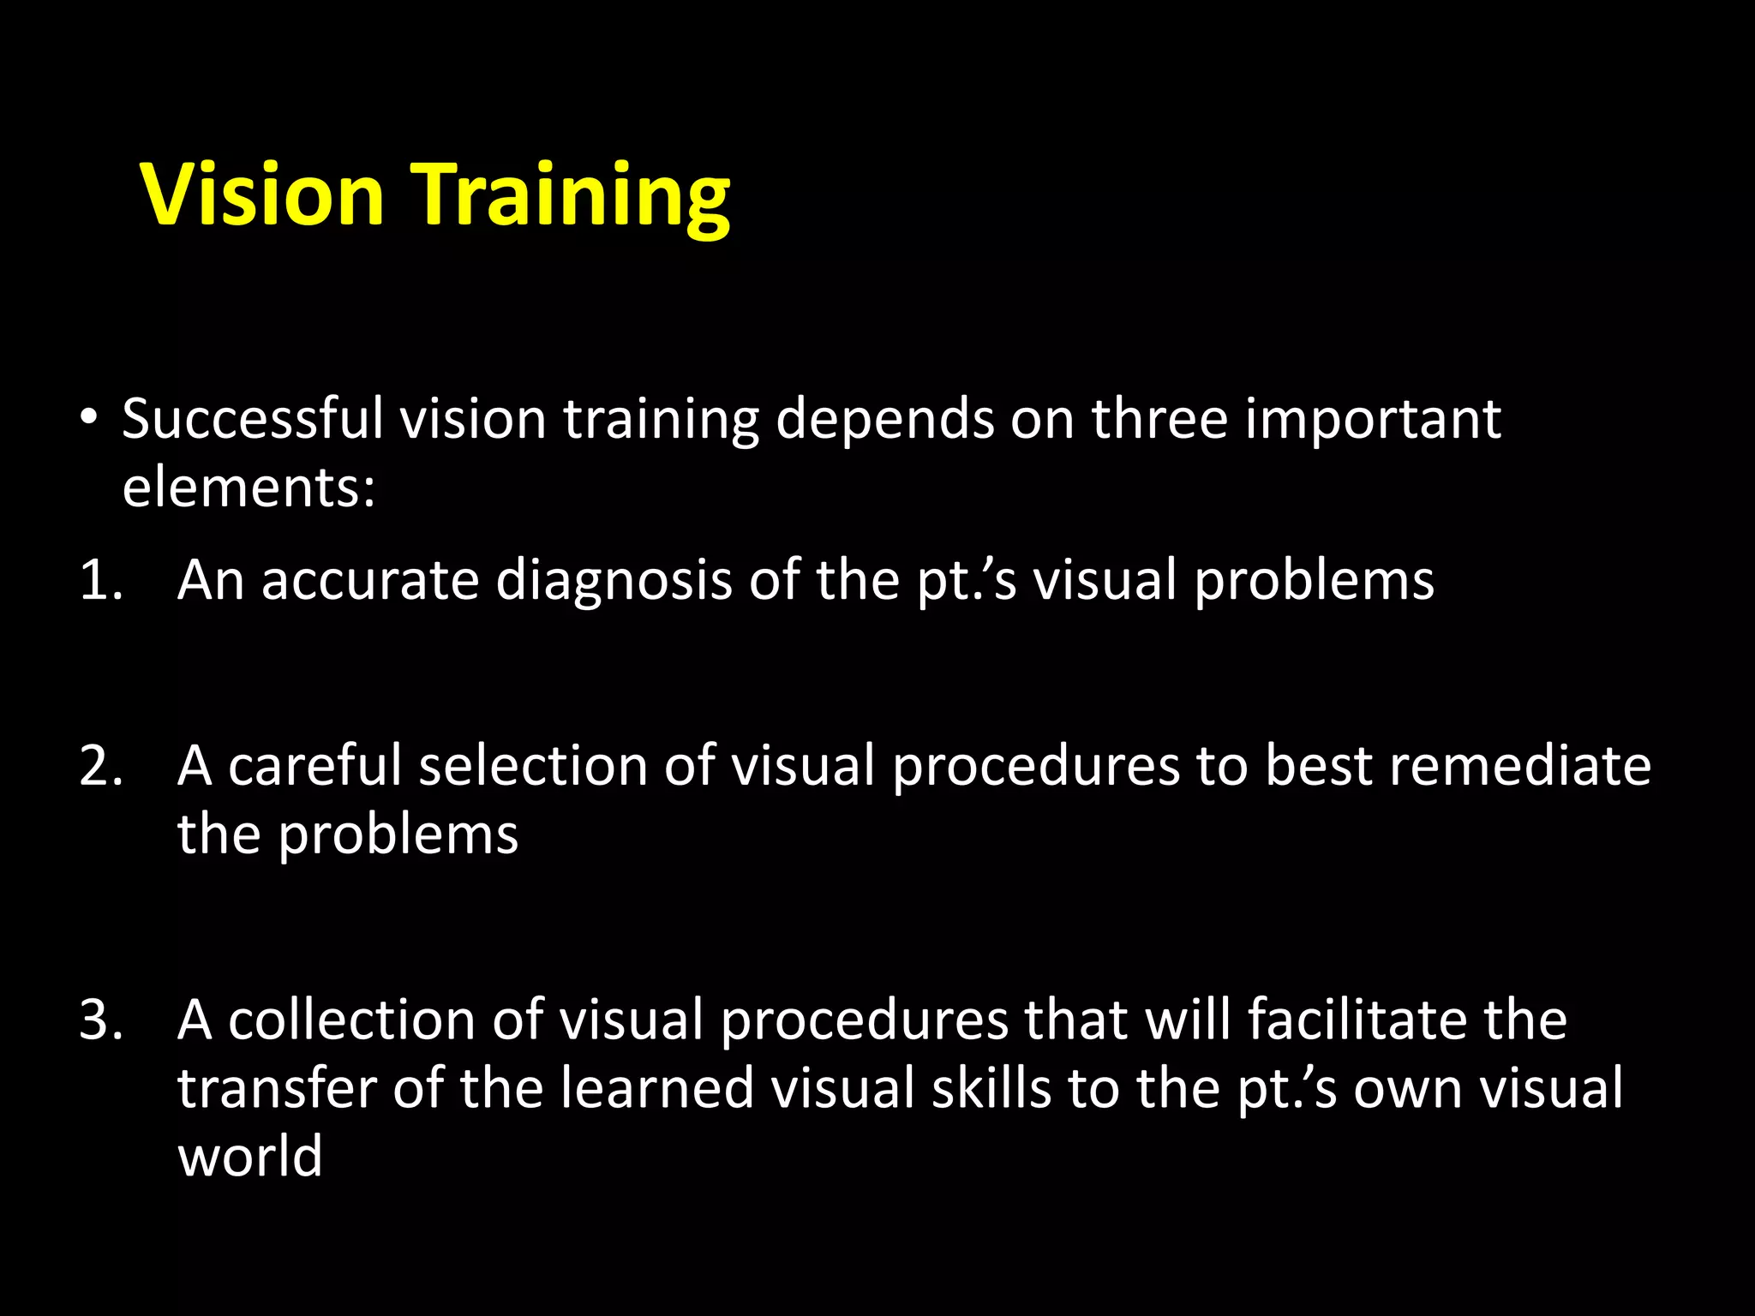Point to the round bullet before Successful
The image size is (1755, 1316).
click(x=88, y=419)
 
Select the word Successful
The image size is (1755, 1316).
click(x=253, y=420)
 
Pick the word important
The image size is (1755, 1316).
click(x=1373, y=422)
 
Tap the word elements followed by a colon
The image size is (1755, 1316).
click(x=249, y=488)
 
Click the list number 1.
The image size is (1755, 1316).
click(x=99, y=581)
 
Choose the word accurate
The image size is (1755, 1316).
click(x=370, y=581)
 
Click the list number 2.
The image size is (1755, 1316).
click(x=100, y=766)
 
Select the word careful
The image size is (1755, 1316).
click(x=314, y=766)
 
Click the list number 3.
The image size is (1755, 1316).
click(x=100, y=1020)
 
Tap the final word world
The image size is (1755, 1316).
click(x=250, y=1157)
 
